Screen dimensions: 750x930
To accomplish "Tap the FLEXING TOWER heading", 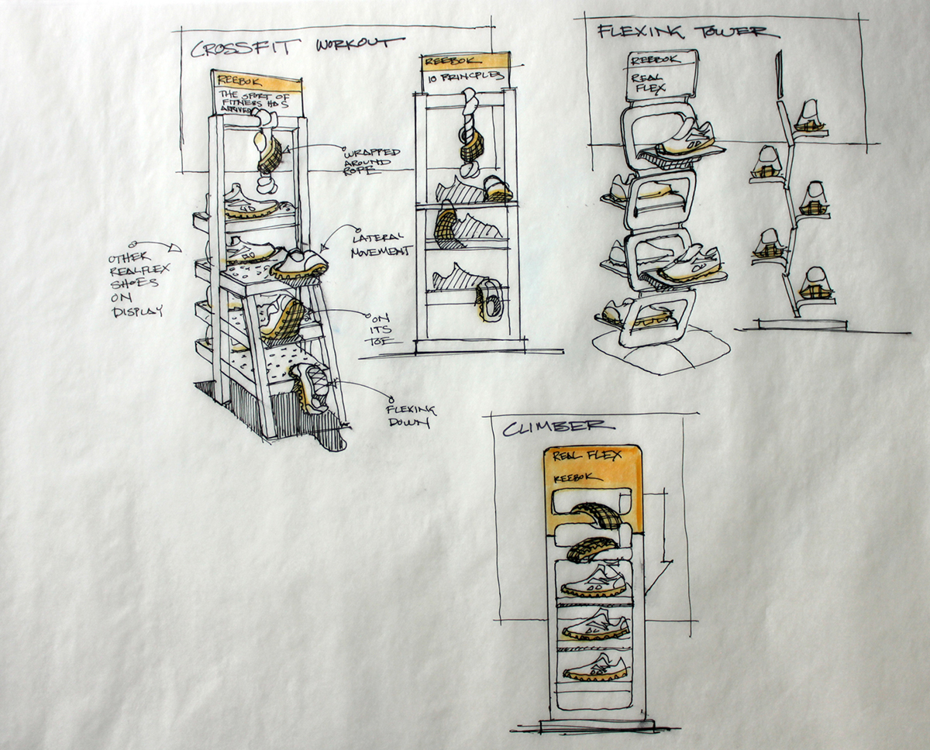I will pos(682,32).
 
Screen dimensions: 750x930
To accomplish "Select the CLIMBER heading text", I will pos(559,427).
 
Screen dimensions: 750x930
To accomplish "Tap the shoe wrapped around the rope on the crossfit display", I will pos(269,155).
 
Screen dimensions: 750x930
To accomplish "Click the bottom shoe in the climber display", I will pos(594,666).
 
